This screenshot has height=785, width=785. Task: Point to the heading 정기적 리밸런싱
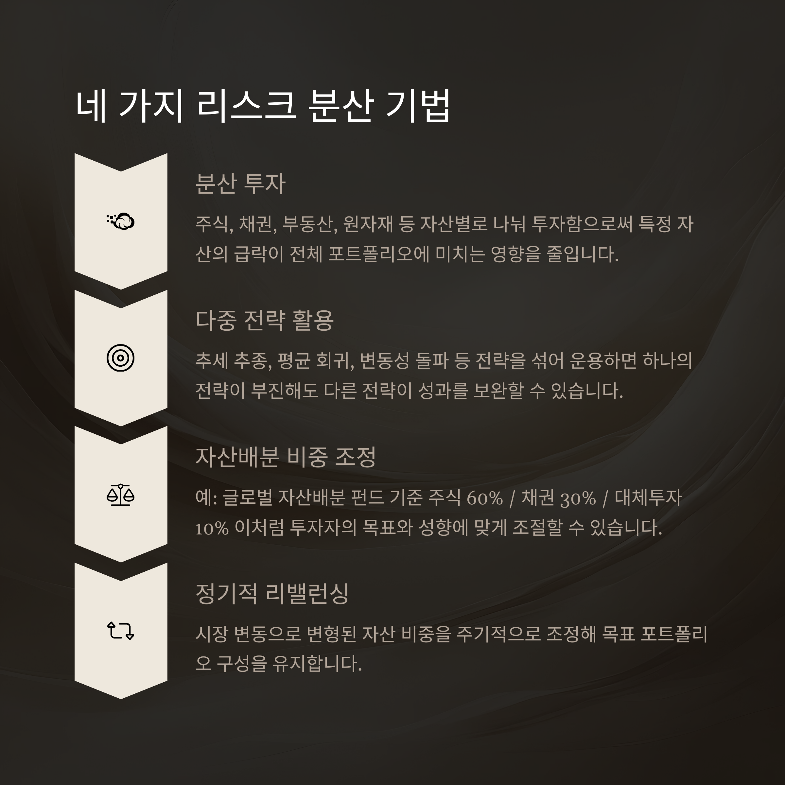click(272, 594)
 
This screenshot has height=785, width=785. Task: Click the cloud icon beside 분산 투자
click(121, 221)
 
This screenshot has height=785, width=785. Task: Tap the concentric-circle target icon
click(120, 358)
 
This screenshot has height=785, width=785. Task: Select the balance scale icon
click(120, 495)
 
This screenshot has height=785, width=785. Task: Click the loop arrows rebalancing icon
click(120, 631)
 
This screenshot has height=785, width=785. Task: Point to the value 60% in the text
click(485, 498)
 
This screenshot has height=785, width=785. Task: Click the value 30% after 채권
click(578, 498)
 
